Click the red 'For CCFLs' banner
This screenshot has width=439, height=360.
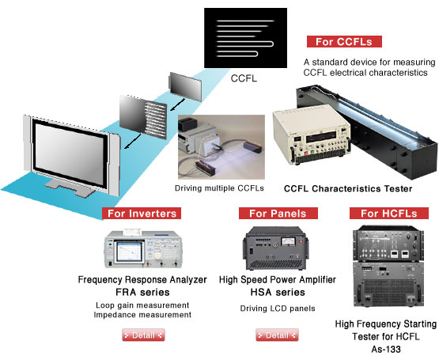click(344, 41)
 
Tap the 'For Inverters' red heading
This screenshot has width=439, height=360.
click(142, 214)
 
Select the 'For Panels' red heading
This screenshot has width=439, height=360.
click(278, 214)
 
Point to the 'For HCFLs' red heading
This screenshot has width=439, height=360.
click(389, 214)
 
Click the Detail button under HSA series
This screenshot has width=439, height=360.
click(277, 335)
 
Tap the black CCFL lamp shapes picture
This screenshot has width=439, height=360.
click(245, 38)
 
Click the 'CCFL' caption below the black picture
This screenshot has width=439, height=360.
click(244, 78)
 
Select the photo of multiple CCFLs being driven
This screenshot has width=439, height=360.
click(221, 147)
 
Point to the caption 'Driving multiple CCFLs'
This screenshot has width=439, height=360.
click(219, 188)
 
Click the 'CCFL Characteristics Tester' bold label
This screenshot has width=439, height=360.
click(348, 189)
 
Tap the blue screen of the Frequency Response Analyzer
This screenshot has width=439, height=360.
click(130, 252)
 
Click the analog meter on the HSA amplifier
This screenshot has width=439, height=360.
click(289, 241)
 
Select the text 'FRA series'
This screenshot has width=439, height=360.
click(142, 292)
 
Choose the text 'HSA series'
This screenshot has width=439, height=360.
click(278, 292)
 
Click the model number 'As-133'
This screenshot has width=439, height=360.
click(386, 349)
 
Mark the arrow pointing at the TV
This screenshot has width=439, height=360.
click(133, 141)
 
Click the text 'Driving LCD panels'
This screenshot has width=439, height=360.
click(278, 309)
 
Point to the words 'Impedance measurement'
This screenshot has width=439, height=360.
click(142, 315)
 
